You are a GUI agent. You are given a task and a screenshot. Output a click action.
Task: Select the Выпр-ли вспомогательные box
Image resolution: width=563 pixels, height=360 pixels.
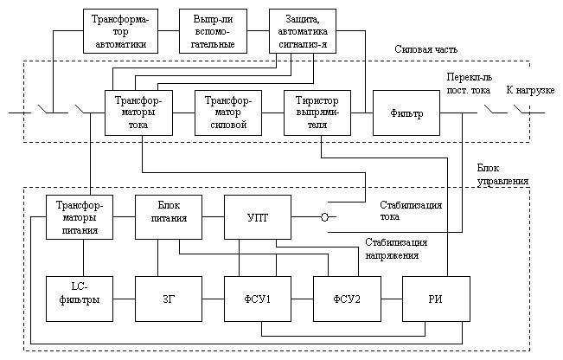click(x=212, y=31)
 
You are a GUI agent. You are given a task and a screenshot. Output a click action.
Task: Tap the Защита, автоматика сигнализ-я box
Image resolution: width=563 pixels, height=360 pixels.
click(x=303, y=31)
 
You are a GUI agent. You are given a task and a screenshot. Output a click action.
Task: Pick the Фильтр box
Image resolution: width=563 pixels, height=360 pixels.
click(x=407, y=112)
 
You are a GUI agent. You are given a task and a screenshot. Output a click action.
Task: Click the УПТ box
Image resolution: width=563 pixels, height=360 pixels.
click(x=258, y=217)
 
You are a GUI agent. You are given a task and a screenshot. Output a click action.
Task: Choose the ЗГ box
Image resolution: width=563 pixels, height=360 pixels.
click(x=169, y=299)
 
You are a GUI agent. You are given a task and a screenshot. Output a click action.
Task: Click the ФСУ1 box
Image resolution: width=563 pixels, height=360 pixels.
click(x=258, y=299)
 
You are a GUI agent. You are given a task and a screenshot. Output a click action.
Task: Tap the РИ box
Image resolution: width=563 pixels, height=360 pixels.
click(x=436, y=299)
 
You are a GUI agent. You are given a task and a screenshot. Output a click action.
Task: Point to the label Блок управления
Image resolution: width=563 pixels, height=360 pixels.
click(x=502, y=175)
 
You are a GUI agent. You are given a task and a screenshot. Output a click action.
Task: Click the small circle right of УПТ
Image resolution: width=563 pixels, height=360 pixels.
click(x=323, y=218)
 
